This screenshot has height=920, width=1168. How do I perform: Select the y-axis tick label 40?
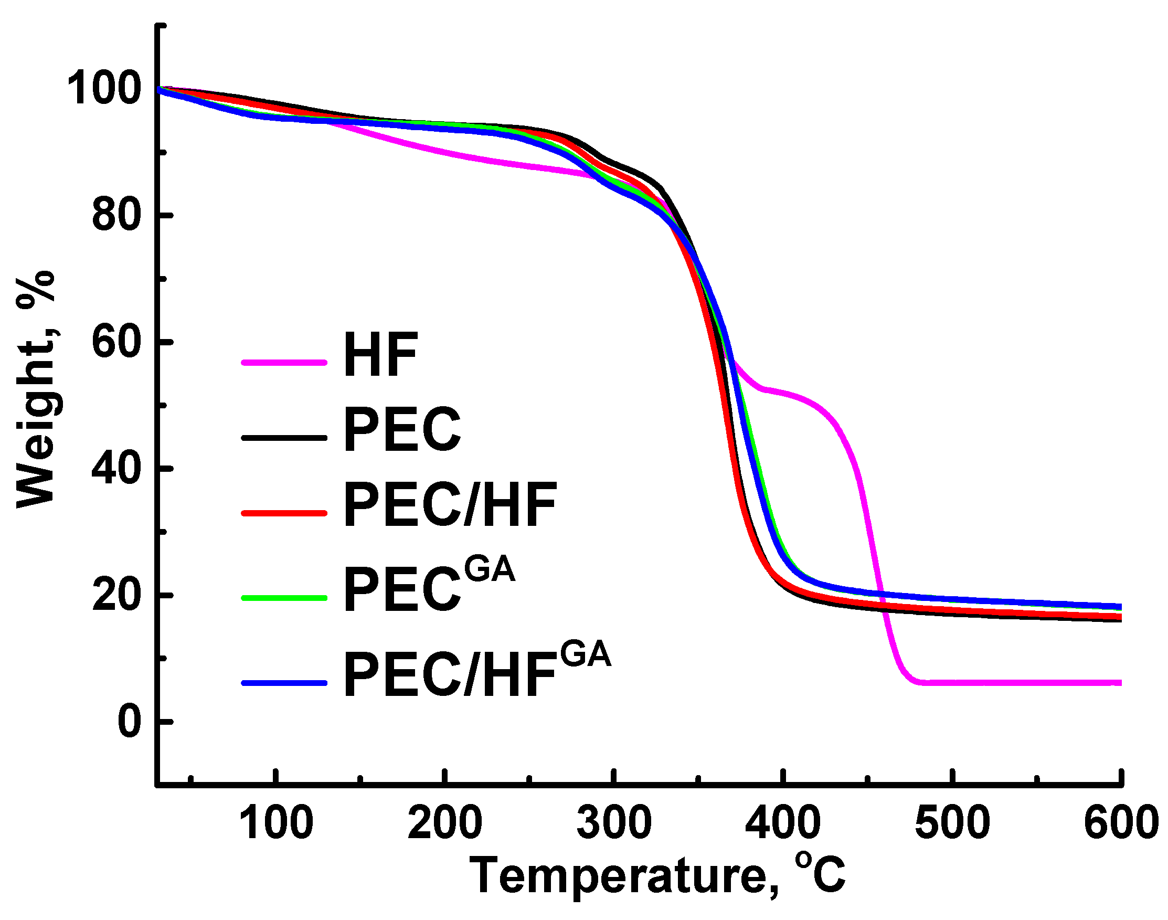pyautogui.click(x=117, y=468)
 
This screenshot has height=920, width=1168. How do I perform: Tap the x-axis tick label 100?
pyautogui.click(x=275, y=822)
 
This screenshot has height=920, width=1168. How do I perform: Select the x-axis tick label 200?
pyautogui.click(x=444, y=822)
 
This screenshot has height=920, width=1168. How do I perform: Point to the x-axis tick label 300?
pyautogui.click(x=613, y=822)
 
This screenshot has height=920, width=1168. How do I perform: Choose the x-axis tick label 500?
pyautogui.click(x=952, y=822)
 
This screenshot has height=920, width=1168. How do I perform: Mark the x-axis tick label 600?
pyautogui.click(x=1121, y=822)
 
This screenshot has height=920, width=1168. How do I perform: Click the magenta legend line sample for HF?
pyautogui.click(x=284, y=363)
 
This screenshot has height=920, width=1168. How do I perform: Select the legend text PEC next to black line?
pyautogui.click(x=402, y=429)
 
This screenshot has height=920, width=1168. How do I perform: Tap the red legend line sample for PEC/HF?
pyautogui.click(x=284, y=513)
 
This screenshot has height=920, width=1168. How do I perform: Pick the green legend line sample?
pyautogui.click(x=284, y=597)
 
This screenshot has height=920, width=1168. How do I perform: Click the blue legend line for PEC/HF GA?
pyautogui.click(x=284, y=683)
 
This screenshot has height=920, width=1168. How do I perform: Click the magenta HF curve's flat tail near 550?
pyautogui.click(x=1037, y=682)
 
